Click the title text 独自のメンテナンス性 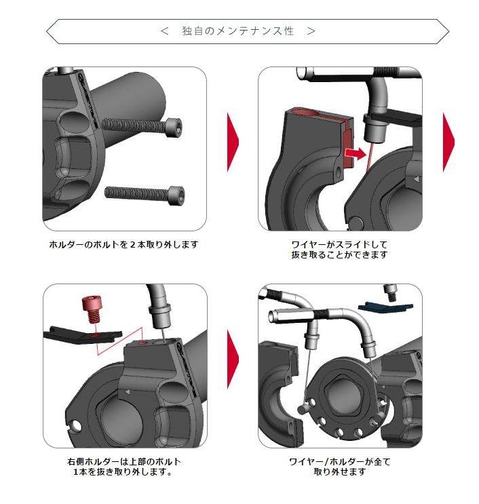pyautogui.click(x=238, y=31)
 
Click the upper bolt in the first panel pyautogui.click(x=142, y=126)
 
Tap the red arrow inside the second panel pyautogui.click(x=356, y=153)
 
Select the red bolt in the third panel pyautogui.click(x=92, y=308)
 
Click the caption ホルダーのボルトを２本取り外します pyautogui.click(x=123, y=245)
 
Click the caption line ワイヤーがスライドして pyautogui.click(x=339, y=244)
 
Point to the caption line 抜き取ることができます pyautogui.click(x=339, y=254)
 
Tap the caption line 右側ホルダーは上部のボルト pyautogui.click(x=124, y=462)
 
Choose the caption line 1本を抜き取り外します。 pyautogui.click(x=123, y=472)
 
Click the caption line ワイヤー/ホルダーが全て pyautogui.click(x=340, y=462)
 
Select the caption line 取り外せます pyautogui.click(x=340, y=472)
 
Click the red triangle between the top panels pyautogui.click(x=233, y=142)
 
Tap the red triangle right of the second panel pyautogui.click(x=448, y=142)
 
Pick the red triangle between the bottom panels pyautogui.click(x=233, y=359)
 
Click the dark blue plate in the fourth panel pyautogui.click(x=385, y=307)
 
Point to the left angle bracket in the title pyautogui.click(x=165, y=31)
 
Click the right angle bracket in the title pyautogui.click(x=311, y=31)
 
